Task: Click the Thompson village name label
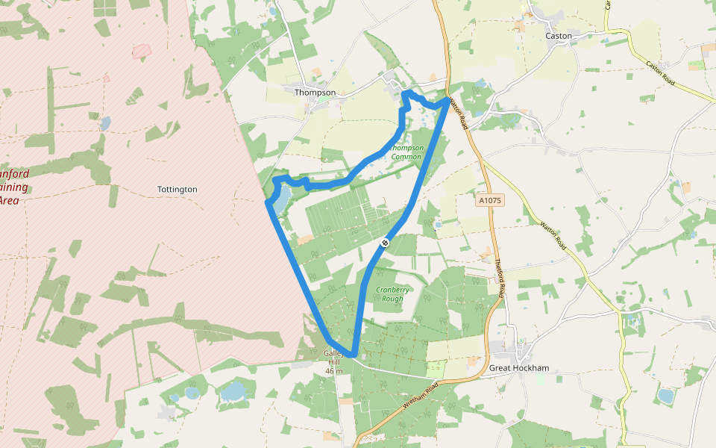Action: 315,93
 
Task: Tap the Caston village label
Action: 559,36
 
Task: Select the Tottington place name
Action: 178,190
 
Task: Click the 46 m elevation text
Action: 334,371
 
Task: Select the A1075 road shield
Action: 490,200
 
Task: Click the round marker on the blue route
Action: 385,242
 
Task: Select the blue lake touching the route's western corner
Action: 280,198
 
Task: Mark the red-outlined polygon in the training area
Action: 141,51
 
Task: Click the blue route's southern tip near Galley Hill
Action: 352,355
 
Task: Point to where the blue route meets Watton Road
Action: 448,99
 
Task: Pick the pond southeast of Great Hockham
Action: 665,395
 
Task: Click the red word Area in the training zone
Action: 9,200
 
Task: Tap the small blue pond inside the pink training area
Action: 105,122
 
